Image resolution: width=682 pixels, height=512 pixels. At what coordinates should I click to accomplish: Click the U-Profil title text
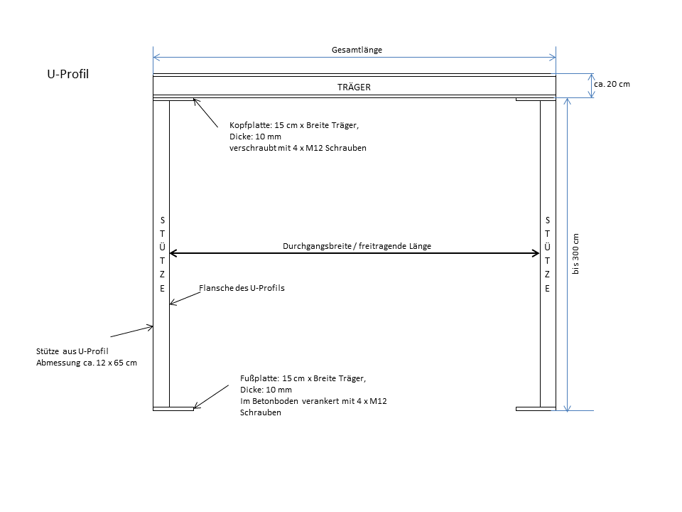click(68, 74)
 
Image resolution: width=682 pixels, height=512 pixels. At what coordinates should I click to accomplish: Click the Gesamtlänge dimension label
click(357, 50)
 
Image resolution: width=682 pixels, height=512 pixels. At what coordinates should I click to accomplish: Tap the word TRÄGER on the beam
click(354, 87)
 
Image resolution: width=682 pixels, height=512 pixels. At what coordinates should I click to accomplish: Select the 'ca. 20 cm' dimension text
click(612, 84)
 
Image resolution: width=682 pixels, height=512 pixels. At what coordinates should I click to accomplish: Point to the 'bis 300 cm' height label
click(575, 254)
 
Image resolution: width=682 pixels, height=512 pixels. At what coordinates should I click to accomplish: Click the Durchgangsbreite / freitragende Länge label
click(357, 246)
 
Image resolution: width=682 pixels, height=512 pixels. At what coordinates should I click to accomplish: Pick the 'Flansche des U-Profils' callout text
click(242, 288)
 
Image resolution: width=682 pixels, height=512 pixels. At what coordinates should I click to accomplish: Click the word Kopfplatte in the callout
click(251, 125)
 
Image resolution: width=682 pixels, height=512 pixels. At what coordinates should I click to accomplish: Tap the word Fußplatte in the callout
click(260, 378)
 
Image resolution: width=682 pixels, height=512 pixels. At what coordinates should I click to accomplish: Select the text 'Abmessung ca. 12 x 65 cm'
click(87, 363)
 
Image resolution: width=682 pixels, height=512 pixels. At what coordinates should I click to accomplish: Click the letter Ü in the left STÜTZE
click(162, 247)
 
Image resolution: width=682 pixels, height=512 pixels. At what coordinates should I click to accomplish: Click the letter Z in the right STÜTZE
click(547, 274)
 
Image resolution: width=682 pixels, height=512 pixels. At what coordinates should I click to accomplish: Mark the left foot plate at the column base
click(173, 409)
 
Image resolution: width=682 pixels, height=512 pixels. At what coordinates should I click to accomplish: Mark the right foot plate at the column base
click(536, 409)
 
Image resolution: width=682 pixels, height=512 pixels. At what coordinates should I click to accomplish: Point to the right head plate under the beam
click(536, 100)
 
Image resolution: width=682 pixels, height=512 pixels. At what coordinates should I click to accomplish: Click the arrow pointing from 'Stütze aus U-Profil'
click(132, 331)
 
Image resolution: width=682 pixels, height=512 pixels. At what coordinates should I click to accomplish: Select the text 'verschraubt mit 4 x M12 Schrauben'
click(298, 148)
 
